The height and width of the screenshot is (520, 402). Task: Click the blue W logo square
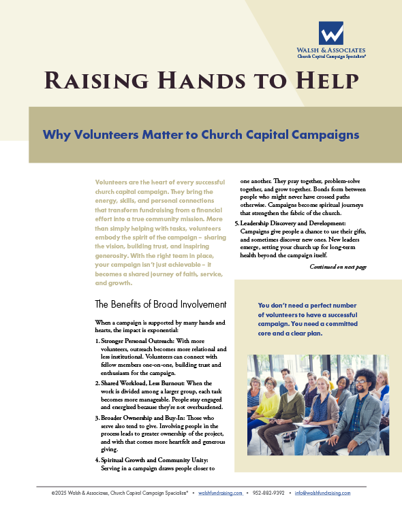331,33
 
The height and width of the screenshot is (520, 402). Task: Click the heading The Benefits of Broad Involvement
160,304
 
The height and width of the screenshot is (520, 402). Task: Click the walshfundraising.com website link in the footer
220,493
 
